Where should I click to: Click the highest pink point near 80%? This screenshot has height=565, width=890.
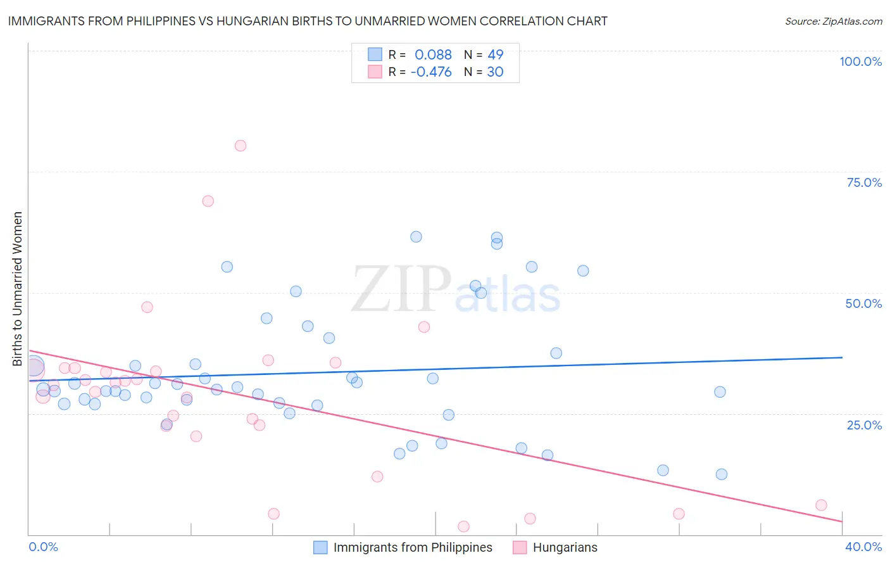click(241, 146)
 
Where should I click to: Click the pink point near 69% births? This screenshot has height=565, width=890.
click(208, 201)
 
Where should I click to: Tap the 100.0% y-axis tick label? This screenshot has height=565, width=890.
click(860, 61)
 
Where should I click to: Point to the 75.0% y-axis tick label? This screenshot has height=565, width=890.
click(864, 182)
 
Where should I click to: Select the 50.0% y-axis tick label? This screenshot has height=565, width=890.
click(863, 303)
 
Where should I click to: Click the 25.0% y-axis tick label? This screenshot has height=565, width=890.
click(864, 425)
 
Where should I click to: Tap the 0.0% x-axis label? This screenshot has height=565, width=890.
click(44, 547)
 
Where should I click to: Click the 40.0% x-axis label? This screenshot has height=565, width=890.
click(863, 547)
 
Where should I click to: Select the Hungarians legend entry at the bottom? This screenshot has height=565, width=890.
click(565, 547)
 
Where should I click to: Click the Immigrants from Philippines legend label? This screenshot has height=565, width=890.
click(413, 547)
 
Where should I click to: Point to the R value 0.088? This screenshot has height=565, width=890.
click(433, 54)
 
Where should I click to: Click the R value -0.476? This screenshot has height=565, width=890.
click(431, 72)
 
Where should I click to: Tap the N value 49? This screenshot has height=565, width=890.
click(496, 54)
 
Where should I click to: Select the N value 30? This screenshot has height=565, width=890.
click(495, 72)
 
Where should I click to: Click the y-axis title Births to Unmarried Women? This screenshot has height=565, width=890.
click(18, 289)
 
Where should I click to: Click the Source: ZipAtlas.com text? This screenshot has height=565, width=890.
click(834, 21)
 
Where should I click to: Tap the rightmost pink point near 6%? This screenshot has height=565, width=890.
click(821, 505)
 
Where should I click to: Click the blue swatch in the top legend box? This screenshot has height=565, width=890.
click(375, 54)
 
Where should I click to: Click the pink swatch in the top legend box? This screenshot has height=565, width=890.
click(375, 72)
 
